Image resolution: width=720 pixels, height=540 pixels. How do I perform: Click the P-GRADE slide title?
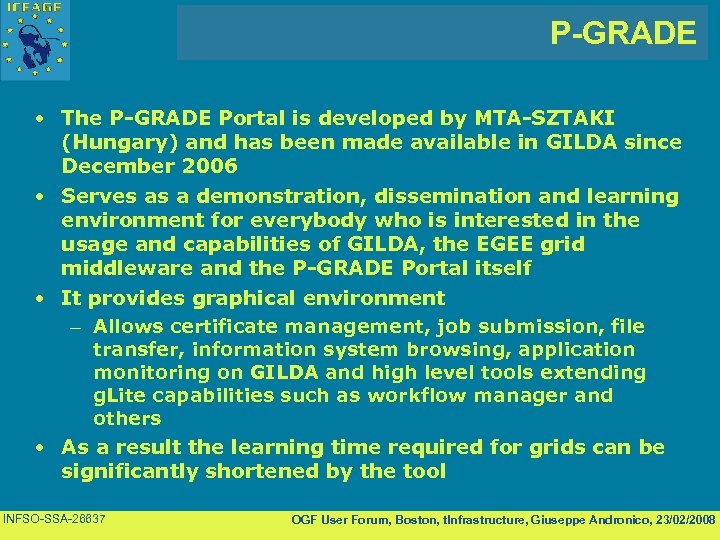tap(622, 33)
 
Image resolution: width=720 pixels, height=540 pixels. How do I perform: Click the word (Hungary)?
tap(111, 142)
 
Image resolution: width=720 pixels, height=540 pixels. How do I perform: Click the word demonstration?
tap(286, 195)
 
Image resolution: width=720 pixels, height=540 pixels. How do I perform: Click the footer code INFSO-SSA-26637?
tap(56, 518)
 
